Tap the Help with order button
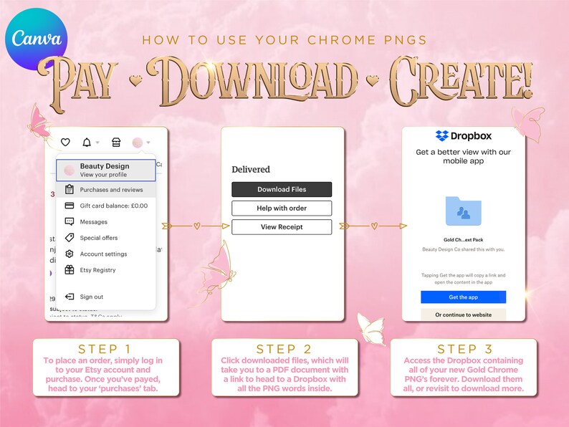pos(282,208)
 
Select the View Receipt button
pos(282,227)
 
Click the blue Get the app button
pos(463,297)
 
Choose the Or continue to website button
pos(463,315)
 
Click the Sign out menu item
pos(91,297)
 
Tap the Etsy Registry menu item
pos(97,270)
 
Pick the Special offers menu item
pos(98,238)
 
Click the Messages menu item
pos(93,222)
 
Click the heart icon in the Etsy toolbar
pos(65,143)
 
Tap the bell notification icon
pos(87,143)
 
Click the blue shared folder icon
pos(463,211)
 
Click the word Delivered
pos(251,170)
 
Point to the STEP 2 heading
pos(284,349)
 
